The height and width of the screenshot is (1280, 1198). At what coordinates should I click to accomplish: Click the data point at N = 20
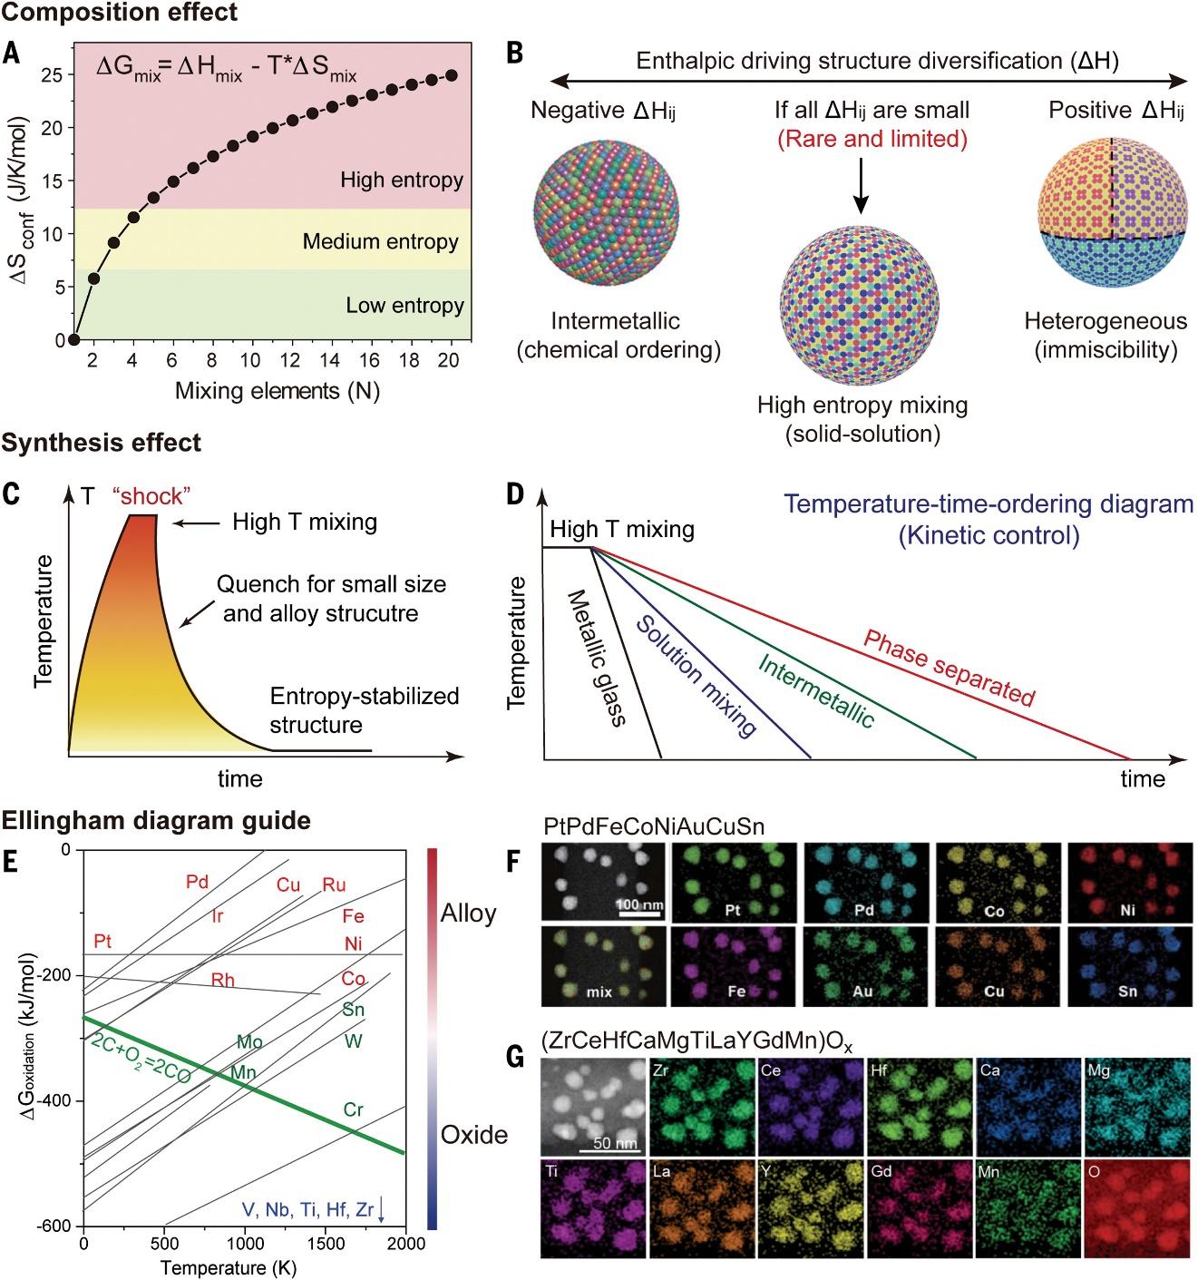(x=452, y=76)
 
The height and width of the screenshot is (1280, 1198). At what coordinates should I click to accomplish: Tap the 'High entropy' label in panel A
(x=401, y=180)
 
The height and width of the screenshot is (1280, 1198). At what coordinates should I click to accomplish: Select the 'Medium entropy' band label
(x=380, y=241)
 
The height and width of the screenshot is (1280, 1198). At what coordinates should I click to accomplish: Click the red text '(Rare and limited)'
(x=872, y=139)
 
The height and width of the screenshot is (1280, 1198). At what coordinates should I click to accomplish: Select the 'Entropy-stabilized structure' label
(x=364, y=710)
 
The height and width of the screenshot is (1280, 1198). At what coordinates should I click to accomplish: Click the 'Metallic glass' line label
(x=598, y=657)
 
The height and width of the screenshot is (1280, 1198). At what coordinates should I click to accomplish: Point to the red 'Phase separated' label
(x=949, y=668)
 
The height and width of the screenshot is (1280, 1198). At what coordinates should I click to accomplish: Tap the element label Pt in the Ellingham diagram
(x=102, y=942)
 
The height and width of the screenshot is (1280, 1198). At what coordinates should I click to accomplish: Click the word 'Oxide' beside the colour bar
(x=473, y=1135)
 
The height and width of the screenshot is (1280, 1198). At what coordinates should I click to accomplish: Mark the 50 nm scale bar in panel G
(x=614, y=1149)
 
